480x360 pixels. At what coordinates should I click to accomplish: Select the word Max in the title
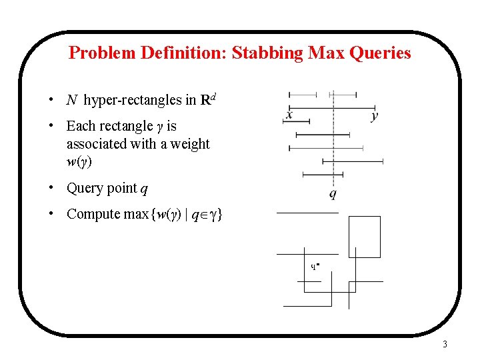point(324,53)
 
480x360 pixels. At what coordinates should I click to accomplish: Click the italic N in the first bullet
point(72,101)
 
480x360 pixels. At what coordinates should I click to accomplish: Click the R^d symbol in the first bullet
point(208,100)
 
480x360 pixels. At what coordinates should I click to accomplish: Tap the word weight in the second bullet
point(190,144)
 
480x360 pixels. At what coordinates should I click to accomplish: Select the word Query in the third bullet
point(85,189)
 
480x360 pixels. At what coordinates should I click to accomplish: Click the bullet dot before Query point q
point(51,188)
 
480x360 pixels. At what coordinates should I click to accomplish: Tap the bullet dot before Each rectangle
point(51,125)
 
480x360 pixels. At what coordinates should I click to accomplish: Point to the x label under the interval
point(289,116)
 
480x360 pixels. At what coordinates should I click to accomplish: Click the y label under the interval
point(375,116)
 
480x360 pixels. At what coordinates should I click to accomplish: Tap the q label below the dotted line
point(332,195)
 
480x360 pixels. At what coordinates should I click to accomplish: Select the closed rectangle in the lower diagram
point(364,237)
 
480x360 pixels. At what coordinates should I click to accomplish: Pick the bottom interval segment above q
point(323,174)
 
